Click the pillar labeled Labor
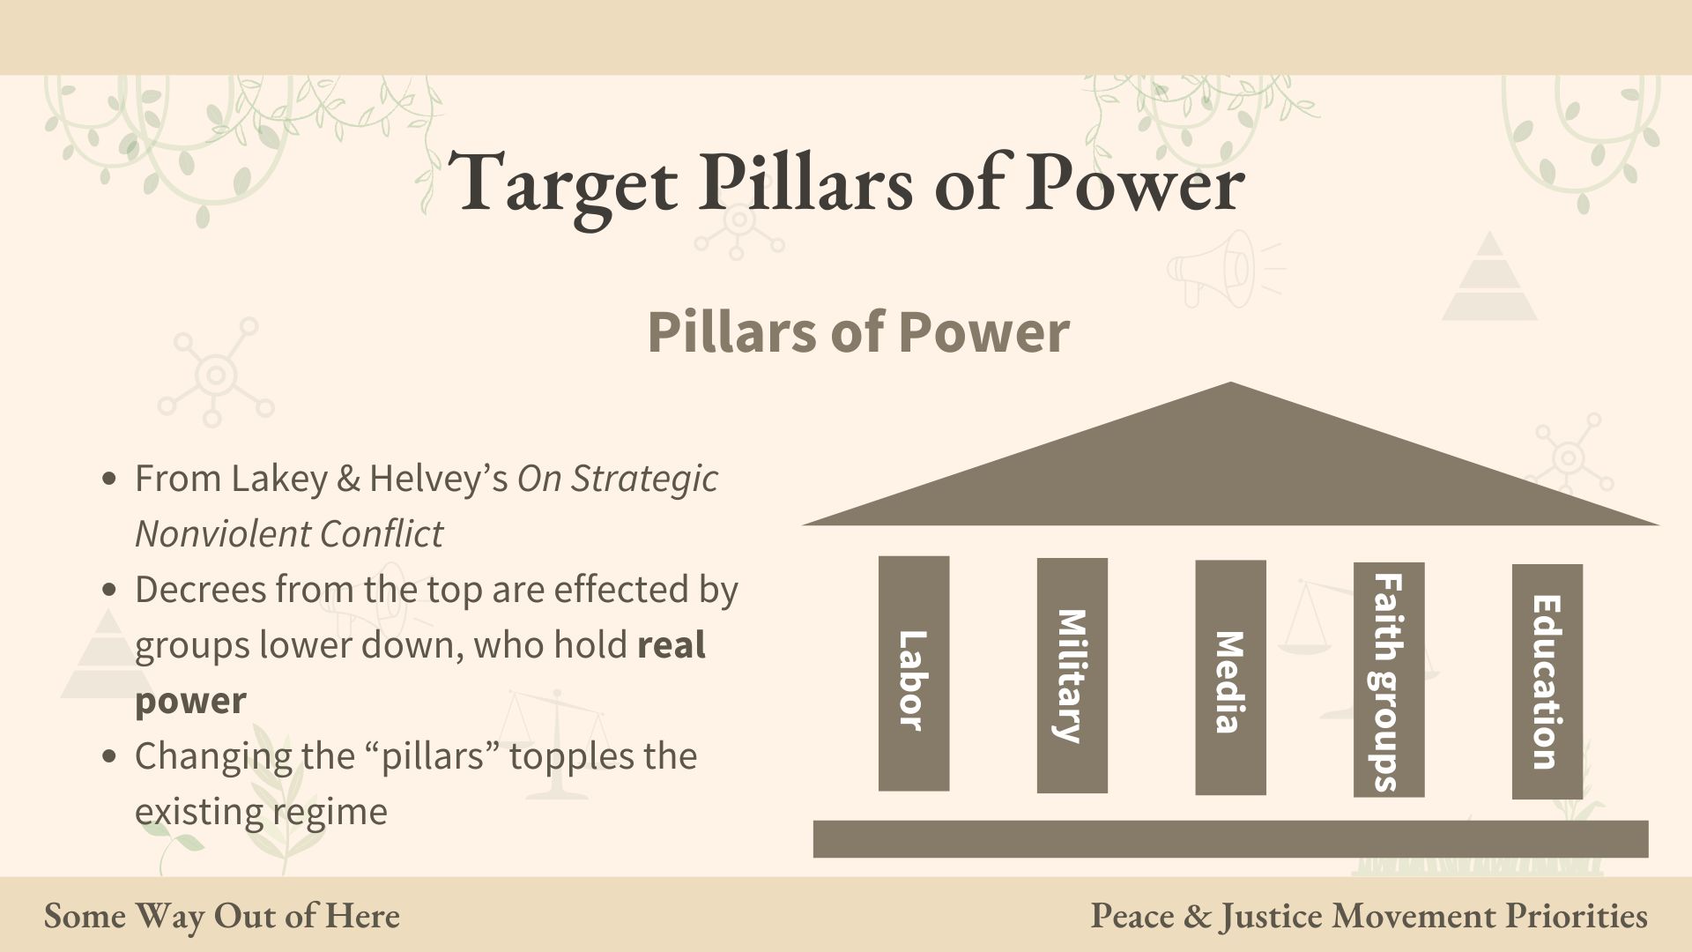[x=914, y=673]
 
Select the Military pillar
[x=1072, y=675]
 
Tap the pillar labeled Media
[x=1230, y=677]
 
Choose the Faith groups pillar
[x=1389, y=680]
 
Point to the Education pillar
[x=1547, y=681]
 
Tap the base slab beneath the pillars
[x=1230, y=839]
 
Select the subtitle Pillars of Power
[x=858, y=332]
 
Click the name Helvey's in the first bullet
[x=438, y=479]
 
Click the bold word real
[x=672, y=646]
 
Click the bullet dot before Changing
[x=109, y=756]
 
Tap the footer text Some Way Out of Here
[x=222, y=916]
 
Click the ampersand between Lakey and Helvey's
[x=349, y=480]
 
